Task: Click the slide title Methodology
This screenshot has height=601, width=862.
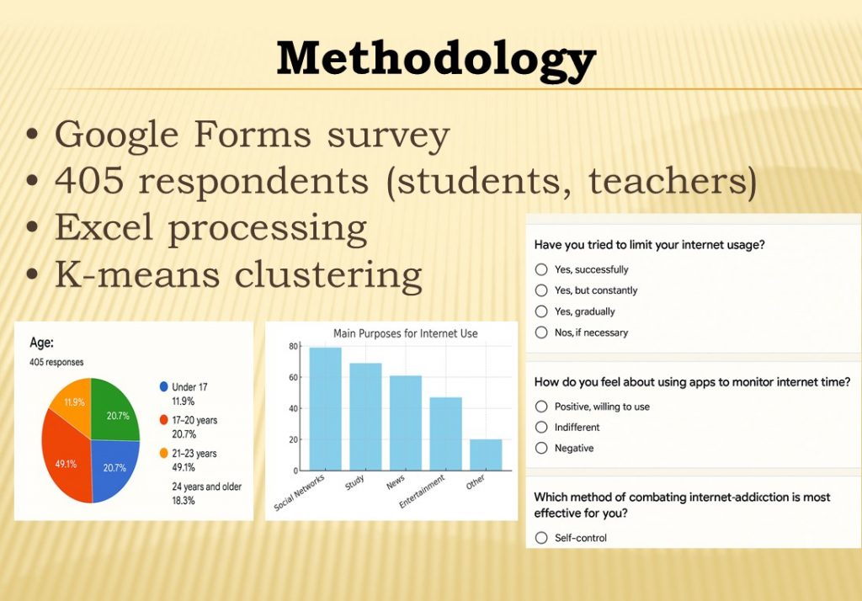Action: (x=436, y=60)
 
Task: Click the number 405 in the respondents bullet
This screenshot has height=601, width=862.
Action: (x=89, y=180)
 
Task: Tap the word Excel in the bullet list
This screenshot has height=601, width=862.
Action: (x=104, y=227)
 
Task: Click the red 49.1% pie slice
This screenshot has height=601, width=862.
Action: (x=65, y=456)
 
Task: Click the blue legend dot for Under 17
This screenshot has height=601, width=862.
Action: (x=163, y=386)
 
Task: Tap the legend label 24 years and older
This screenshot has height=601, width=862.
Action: (x=207, y=487)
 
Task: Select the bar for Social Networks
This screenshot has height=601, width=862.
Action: (x=326, y=408)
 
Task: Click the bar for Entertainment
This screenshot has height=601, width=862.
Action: (x=446, y=433)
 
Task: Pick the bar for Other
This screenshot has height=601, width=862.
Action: (x=486, y=455)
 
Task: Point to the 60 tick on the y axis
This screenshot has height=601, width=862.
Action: (x=294, y=377)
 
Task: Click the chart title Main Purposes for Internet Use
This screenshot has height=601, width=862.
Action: (x=406, y=333)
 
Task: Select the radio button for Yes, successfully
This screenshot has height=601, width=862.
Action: (x=541, y=269)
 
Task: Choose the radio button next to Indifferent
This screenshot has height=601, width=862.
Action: (x=541, y=428)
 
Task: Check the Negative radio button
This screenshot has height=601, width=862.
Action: (x=541, y=448)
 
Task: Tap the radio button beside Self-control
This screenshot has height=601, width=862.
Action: (x=541, y=538)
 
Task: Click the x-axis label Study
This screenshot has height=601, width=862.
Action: (x=354, y=482)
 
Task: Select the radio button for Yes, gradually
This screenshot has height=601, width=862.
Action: (x=541, y=311)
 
